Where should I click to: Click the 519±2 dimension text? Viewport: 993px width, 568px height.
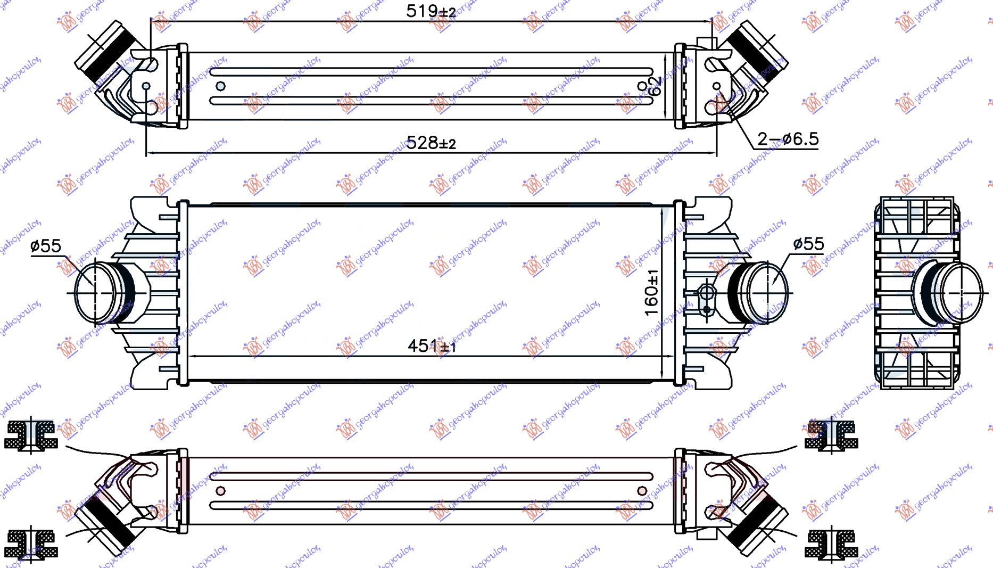(x=431, y=11)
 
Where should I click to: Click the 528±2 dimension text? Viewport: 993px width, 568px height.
(x=431, y=143)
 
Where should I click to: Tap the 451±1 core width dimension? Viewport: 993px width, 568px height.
(x=432, y=346)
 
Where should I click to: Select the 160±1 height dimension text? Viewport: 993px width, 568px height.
(x=651, y=292)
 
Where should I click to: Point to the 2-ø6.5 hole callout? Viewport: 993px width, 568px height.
(x=788, y=139)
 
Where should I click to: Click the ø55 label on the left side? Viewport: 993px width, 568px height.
(x=46, y=246)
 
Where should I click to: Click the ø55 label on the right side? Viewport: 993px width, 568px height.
(x=808, y=244)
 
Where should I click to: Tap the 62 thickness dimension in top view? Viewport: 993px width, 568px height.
(x=656, y=86)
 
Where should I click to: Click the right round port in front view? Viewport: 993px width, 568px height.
(x=767, y=292)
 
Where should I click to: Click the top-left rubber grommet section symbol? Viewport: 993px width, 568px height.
(x=30, y=435)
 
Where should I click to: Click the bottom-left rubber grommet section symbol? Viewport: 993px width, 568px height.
(x=30, y=544)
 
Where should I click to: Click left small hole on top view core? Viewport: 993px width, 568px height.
(x=220, y=86)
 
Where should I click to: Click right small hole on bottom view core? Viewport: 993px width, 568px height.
(x=642, y=491)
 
